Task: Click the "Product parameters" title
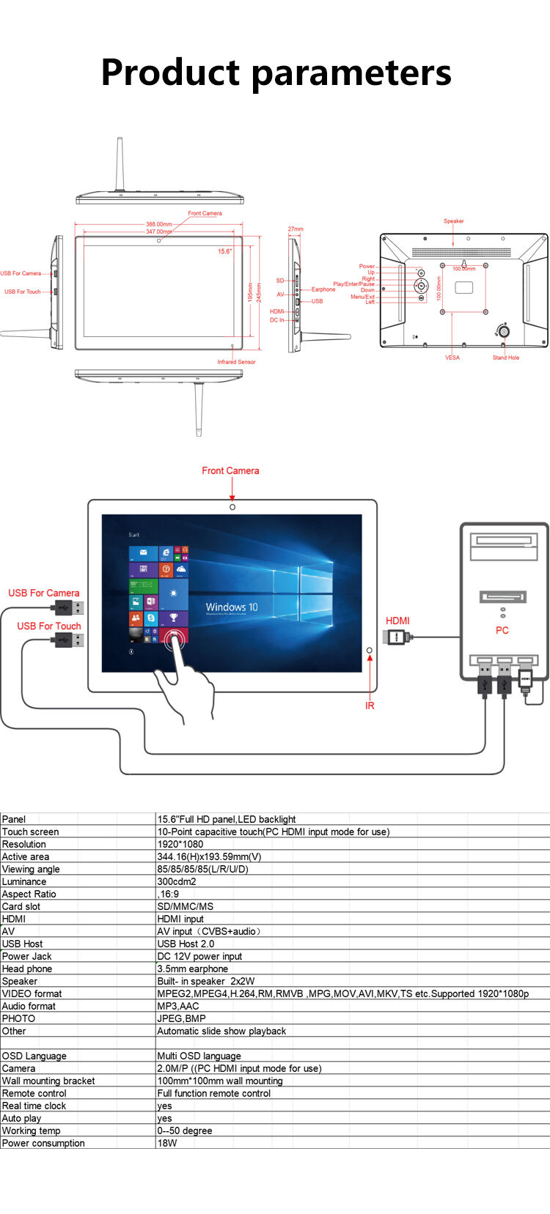tap(276, 73)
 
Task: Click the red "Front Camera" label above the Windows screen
tap(230, 471)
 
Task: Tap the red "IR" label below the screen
tap(370, 706)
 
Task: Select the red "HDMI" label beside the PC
tap(397, 621)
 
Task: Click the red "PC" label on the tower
tap(502, 630)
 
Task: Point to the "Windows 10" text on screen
tap(232, 607)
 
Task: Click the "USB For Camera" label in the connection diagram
tap(44, 593)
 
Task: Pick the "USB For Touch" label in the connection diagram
tap(49, 626)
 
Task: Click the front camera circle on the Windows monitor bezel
tap(232, 507)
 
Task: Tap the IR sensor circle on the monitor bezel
tap(370, 651)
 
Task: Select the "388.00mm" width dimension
tap(158, 224)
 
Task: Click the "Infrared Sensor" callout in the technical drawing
tap(236, 362)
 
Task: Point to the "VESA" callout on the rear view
tap(452, 358)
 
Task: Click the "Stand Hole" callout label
tap(506, 358)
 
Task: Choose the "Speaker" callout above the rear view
tap(454, 221)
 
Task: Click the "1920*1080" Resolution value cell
tap(180, 844)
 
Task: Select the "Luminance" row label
tap(24, 881)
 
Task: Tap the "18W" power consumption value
tap(167, 1143)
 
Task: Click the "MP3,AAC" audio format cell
tap(178, 1006)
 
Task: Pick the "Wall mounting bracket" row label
tap(48, 1081)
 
